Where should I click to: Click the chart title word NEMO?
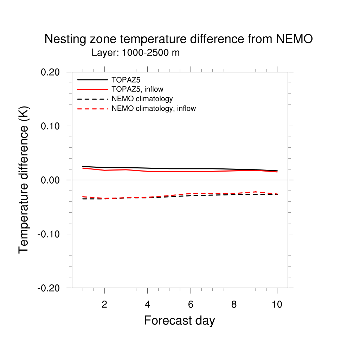click(x=294, y=39)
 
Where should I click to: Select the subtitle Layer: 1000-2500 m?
click(x=135, y=53)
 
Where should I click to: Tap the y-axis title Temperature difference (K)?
click(x=24, y=180)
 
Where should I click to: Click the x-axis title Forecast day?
click(x=179, y=320)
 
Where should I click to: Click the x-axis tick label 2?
click(x=104, y=304)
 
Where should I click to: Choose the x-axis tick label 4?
click(x=148, y=304)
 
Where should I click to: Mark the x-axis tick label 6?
click(x=191, y=304)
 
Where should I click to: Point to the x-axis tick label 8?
click(x=234, y=304)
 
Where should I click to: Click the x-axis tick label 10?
click(x=277, y=304)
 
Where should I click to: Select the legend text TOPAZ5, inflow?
click(x=137, y=89)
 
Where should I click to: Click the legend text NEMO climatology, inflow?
click(x=153, y=109)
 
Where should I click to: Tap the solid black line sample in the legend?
click(x=92, y=80)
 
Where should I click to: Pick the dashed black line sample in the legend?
click(x=92, y=99)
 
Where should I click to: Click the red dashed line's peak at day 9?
click(x=256, y=192)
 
